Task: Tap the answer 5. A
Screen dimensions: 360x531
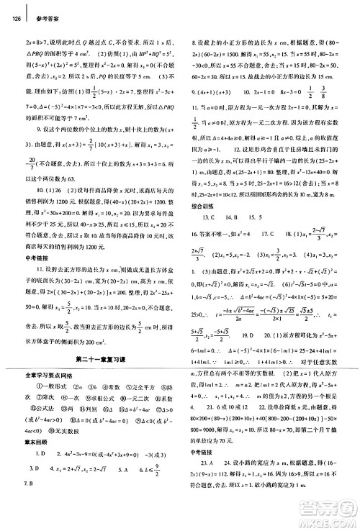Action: click(128, 500)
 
